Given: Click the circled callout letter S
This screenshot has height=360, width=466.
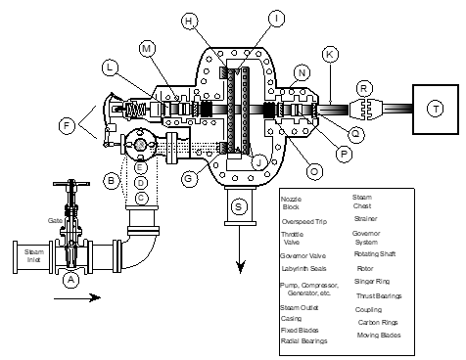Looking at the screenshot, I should (x=238, y=206).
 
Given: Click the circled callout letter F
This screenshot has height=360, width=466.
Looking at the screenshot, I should (x=68, y=125).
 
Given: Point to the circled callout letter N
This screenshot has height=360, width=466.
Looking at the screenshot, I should (x=303, y=72).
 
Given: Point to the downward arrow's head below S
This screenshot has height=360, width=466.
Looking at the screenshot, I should (x=238, y=273).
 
